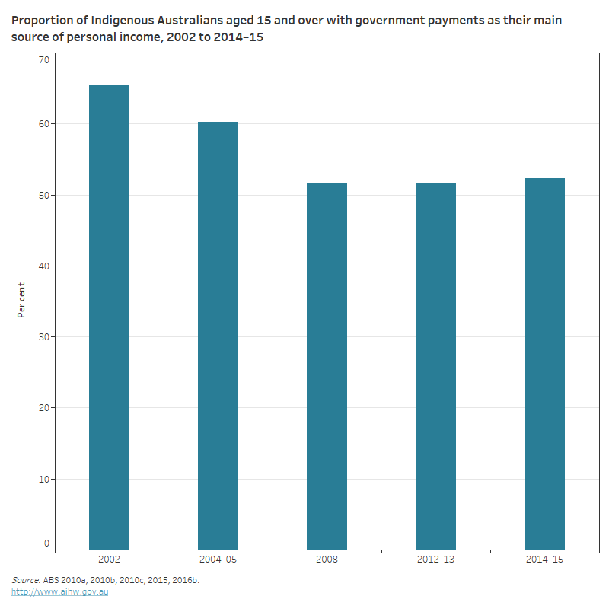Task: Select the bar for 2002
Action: click(x=109, y=317)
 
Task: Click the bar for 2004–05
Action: click(x=218, y=335)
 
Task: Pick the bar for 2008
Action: click(x=327, y=365)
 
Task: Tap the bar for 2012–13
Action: click(x=435, y=365)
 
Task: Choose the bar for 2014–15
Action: click(x=544, y=363)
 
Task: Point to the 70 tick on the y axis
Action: click(x=43, y=59)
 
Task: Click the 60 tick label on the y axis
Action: click(x=43, y=124)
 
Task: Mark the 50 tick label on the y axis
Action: click(x=43, y=195)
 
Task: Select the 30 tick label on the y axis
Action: click(x=43, y=337)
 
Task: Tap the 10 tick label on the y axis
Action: click(x=43, y=479)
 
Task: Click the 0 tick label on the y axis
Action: click(x=46, y=544)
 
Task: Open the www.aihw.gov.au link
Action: click(x=60, y=591)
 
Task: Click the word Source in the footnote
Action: click(x=27, y=581)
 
